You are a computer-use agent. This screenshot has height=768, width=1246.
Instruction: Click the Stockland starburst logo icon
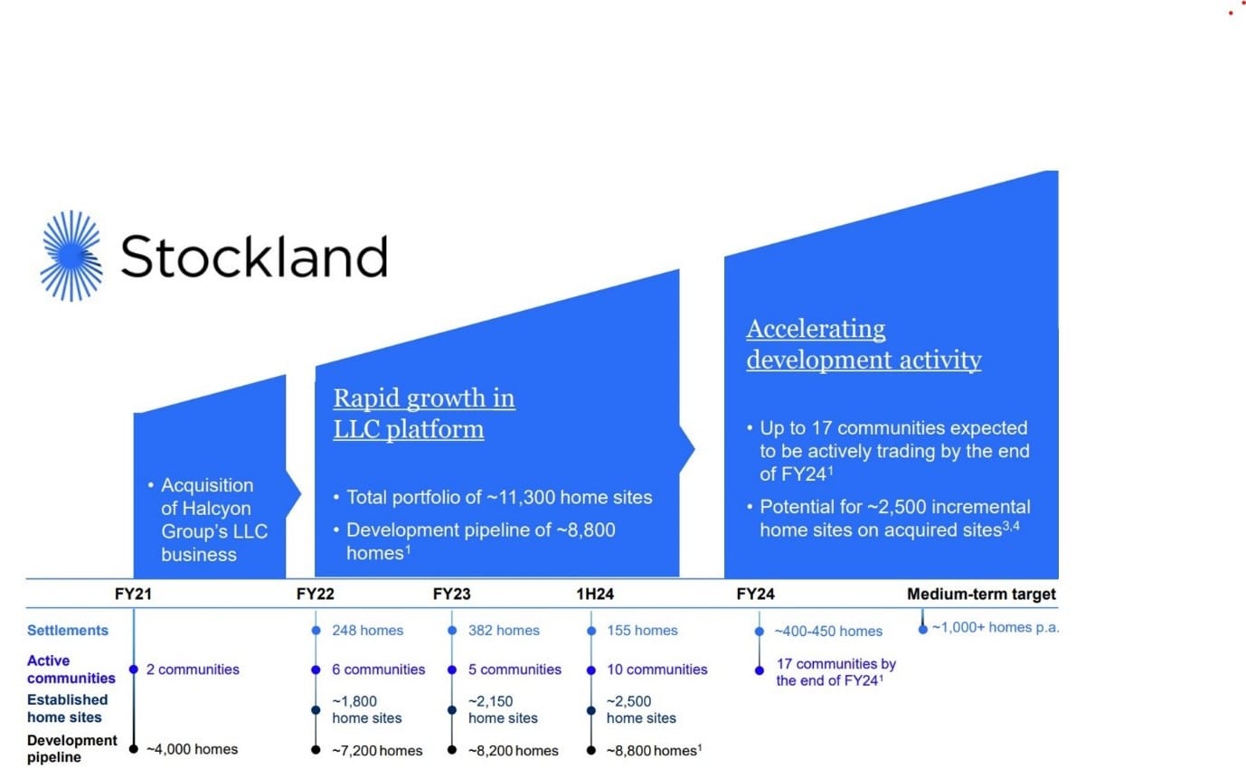[71, 256]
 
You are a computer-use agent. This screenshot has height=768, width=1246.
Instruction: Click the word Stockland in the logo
[253, 257]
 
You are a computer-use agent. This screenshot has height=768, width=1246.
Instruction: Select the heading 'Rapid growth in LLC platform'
[424, 413]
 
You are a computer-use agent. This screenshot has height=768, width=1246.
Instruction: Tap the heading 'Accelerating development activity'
[864, 344]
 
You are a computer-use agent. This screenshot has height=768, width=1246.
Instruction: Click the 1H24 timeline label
[595, 595]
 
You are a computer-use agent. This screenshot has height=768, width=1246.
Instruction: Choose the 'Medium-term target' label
[981, 595]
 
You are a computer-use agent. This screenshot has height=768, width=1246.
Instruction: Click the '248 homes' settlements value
[368, 631]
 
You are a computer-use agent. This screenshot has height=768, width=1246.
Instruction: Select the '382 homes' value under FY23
[505, 631]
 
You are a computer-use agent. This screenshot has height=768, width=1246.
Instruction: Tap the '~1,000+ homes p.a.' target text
[995, 628]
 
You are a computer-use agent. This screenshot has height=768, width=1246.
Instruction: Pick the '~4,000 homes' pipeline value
[192, 749]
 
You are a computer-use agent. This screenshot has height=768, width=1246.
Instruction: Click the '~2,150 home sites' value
[503, 709]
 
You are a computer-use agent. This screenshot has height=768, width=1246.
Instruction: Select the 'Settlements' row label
[68, 631]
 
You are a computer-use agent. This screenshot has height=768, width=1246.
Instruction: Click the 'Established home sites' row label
[67, 708]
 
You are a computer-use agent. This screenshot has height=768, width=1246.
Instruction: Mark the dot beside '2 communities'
[134, 670]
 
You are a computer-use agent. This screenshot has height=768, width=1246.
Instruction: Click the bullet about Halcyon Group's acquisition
[214, 520]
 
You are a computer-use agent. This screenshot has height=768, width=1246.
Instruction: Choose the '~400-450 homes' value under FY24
[827, 631]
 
